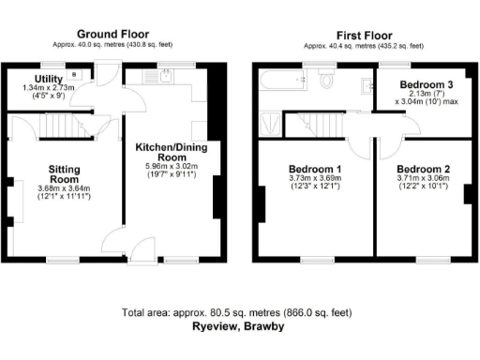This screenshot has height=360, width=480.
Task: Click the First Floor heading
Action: (362, 35)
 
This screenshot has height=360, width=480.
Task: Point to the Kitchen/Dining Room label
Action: (172, 153)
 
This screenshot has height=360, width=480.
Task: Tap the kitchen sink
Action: (164, 77)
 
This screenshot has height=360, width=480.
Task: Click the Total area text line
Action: (236, 312)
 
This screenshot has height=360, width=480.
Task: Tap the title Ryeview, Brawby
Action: (236, 327)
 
